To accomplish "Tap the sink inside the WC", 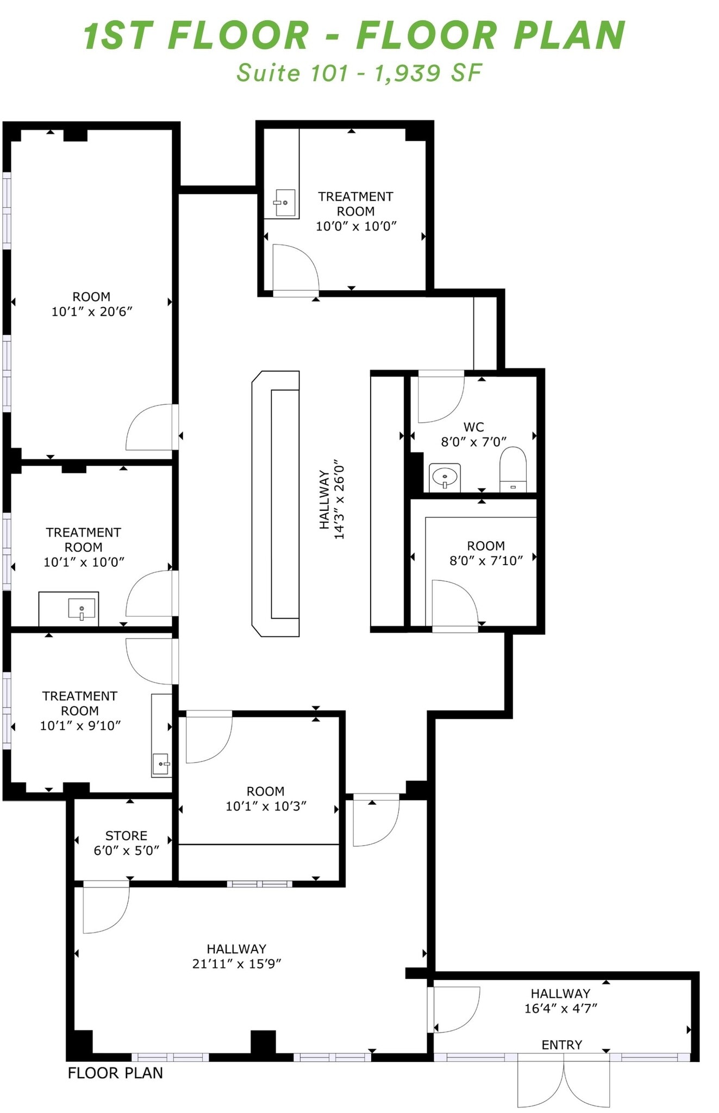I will pyautogui.click(x=445, y=477).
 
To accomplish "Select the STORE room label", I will pyautogui.click(x=126, y=835).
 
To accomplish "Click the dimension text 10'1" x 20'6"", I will pyautogui.click(x=92, y=311).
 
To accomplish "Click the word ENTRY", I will pyautogui.click(x=561, y=1045).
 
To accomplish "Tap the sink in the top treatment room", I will pyautogui.click(x=284, y=203).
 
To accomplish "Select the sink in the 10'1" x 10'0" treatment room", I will pyautogui.click(x=82, y=608).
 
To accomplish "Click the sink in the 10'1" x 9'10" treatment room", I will pyautogui.click(x=161, y=763).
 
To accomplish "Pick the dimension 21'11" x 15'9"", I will pyautogui.click(x=236, y=964).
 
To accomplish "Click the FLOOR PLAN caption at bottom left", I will pyautogui.click(x=115, y=1073).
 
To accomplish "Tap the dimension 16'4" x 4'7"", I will pyautogui.click(x=560, y=1008).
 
